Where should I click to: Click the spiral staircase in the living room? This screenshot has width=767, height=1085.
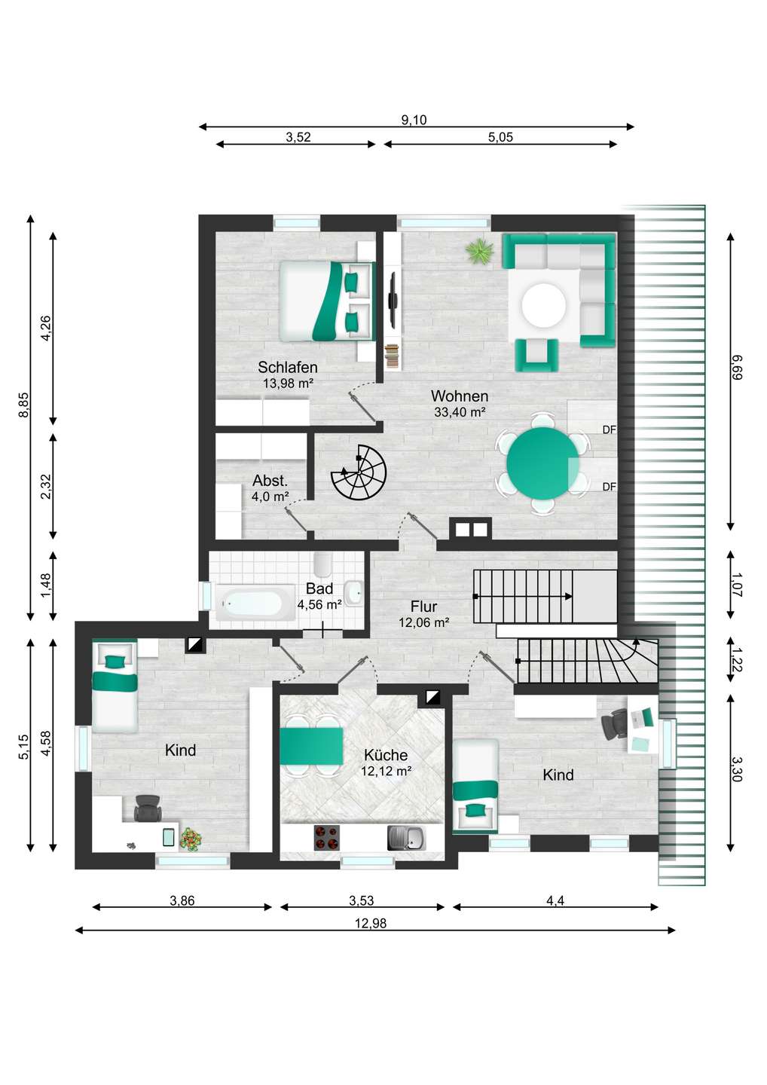pyautogui.click(x=359, y=473)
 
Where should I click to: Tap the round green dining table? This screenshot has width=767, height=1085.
pyautogui.click(x=542, y=462)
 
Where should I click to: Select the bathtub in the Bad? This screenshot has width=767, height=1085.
pyautogui.click(x=251, y=603)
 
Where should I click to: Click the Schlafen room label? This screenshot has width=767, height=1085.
pyautogui.click(x=288, y=367)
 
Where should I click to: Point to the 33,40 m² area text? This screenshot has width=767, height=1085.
pyautogui.click(x=460, y=412)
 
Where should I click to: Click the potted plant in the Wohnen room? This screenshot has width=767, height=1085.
pyautogui.click(x=479, y=252)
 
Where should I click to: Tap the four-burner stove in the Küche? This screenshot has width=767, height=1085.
pyautogui.click(x=326, y=837)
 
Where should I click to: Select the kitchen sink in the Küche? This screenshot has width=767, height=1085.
pyautogui.click(x=406, y=837)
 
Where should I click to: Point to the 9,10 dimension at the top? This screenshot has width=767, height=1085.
pyautogui.click(x=414, y=120)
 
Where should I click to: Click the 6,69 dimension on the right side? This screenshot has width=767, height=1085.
pyautogui.click(x=736, y=367)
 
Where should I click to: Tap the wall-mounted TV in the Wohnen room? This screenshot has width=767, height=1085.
pyautogui.click(x=393, y=301)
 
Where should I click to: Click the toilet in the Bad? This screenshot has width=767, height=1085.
pyautogui.click(x=322, y=564)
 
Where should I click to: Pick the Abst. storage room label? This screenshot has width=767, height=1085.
pyautogui.click(x=270, y=481)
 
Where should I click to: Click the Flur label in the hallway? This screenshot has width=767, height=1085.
pyautogui.click(x=423, y=607)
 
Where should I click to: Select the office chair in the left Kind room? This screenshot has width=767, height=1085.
pyautogui.click(x=148, y=808)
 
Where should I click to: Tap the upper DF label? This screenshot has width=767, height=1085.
pyautogui.click(x=609, y=429)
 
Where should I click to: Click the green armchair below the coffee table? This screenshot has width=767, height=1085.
pyautogui.click(x=536, y=354)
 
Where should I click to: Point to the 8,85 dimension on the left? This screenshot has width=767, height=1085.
pyautogui.click(x=24, y=405)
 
